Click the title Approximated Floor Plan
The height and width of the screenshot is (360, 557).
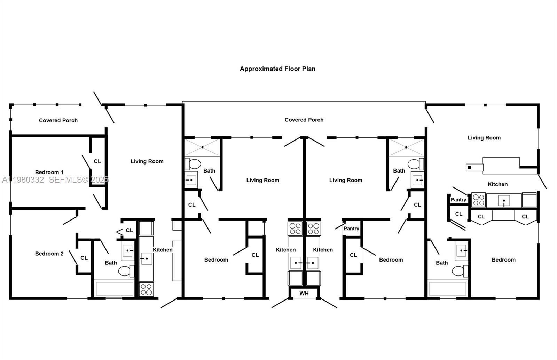(x=277, y=69)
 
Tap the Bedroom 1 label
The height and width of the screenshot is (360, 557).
(x=49, y=172)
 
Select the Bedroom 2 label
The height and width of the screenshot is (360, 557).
(x=49, y=254)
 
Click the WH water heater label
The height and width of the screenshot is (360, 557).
(x=304, y=294)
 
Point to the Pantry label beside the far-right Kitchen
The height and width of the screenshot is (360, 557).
(x=458, y=200)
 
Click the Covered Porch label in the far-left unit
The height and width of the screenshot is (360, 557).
(x=58, y=120)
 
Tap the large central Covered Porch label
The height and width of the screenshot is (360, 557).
(x=304, y=120)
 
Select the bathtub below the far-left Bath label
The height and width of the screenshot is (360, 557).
(x=115, y=289)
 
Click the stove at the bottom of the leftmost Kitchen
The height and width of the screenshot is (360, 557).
(x=146, y=289)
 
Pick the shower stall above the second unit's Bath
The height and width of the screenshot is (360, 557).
(x=202, y=147)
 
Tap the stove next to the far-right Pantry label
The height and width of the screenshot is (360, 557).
(x=478, y=200)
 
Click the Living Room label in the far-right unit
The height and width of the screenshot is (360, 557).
(x=484, y=138)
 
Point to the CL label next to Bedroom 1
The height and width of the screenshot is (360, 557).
(x=97, y=161)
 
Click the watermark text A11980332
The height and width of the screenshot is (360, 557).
(x=23, y=179)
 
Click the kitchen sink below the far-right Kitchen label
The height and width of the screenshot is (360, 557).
(x=504, y=201)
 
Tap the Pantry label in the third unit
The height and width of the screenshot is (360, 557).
(x=351, y=229)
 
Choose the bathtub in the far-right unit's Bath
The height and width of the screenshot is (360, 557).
(x=447, y=289)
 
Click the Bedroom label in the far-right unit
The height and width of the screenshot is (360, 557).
(x=503, y=260)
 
